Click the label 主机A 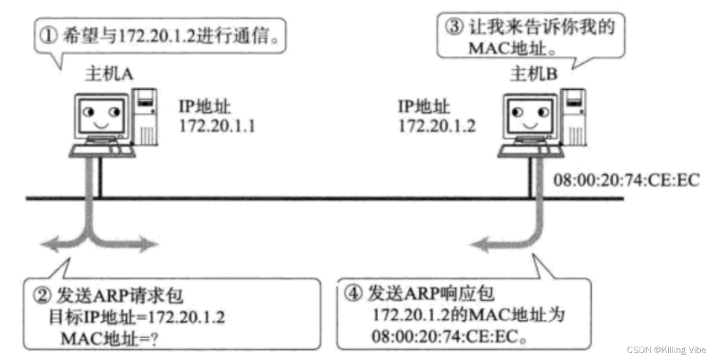(109, 74)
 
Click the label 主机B (534, 74)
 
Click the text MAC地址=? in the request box (108, 338)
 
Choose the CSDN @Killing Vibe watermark (666, 349)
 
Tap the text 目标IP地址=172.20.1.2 (136, 318)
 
